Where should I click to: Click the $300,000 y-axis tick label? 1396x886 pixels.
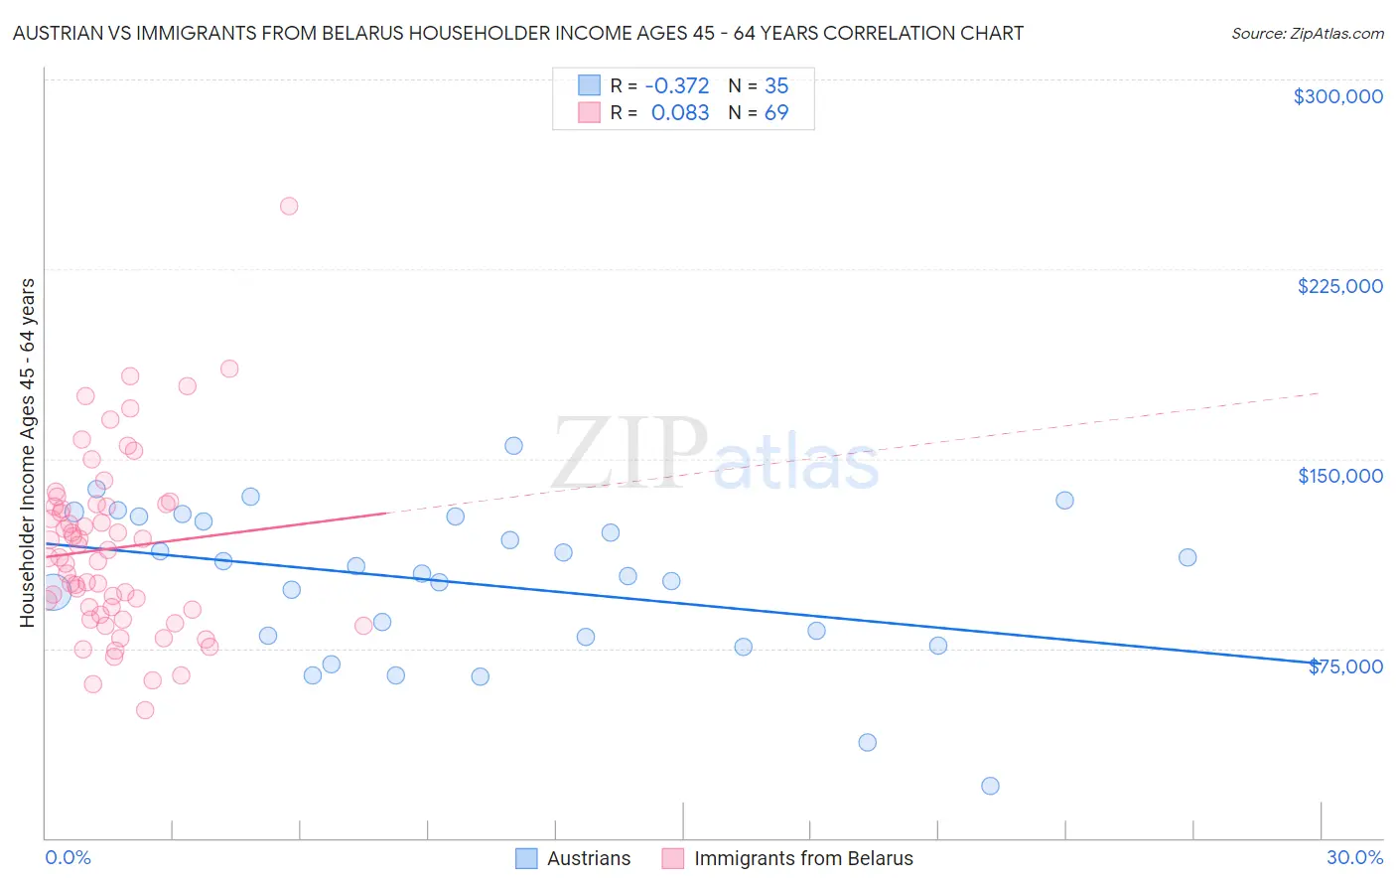click(x=1337, y=96)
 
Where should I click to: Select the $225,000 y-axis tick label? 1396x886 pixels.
click(x=1339, y=286)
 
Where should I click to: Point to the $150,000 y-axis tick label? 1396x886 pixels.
click(x=1339, y=476)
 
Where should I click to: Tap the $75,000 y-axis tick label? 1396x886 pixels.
click(x=1345, y=666)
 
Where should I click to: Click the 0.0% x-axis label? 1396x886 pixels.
click(x=68, y=857)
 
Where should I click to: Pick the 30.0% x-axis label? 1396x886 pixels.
click(x=1354, y=857)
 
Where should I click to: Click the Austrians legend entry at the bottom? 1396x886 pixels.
click(x=588, y=858)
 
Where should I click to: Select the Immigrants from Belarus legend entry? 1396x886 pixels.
click(x=802, y=858)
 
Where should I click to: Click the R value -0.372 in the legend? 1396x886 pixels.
click(x=677, y=85)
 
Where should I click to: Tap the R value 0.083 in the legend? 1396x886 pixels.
click(x=680, y=112)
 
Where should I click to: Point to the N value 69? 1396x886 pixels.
click(x=776, y=112)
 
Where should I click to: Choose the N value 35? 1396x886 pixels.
click(x=776, y=85)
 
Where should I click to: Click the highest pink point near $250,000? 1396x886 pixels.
click(x=289, y=207)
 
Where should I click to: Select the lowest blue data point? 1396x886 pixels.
click(x=990, y=786)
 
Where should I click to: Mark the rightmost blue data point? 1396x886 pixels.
click(x=1187, y=557)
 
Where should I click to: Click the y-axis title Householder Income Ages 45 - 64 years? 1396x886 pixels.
click(x=27, y=453)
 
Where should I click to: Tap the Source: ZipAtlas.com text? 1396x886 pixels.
click(x=1307, y=34)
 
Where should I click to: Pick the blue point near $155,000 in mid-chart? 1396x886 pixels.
click(x=513, y=446)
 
